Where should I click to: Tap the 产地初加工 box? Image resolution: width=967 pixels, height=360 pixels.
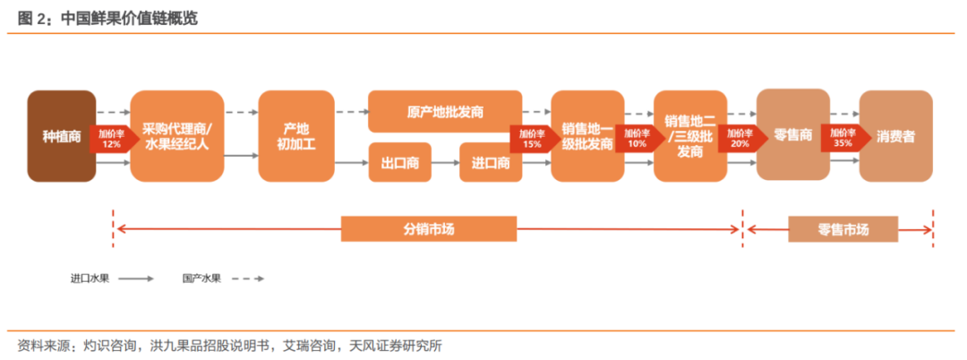click(x=295, y=136)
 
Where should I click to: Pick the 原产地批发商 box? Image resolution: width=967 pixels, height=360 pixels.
click(x=445, y=112)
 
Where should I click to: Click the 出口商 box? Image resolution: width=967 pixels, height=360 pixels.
click(x=400, y=163)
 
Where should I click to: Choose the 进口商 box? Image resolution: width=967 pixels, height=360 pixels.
click(x=491, y=163)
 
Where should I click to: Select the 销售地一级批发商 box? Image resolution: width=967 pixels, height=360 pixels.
click(x=586, y=136)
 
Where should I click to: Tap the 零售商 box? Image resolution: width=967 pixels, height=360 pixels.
click(x=792, y=135)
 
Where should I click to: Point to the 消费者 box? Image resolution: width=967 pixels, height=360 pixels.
click(x=895, y=136)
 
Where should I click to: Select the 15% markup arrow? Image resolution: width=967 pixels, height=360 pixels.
click(x=532, y=138)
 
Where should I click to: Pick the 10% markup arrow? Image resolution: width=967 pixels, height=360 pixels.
click(x=637, y=138)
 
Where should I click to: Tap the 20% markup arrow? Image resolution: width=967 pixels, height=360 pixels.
click(x=739, y=138)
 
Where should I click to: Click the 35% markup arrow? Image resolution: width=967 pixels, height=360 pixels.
click(x=842, y=138)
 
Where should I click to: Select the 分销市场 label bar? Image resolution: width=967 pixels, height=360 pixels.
click(x=429, y=228)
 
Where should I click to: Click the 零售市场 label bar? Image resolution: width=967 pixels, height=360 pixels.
click(x=843, y=228)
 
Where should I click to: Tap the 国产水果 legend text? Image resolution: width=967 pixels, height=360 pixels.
click(x=201, y=279)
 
